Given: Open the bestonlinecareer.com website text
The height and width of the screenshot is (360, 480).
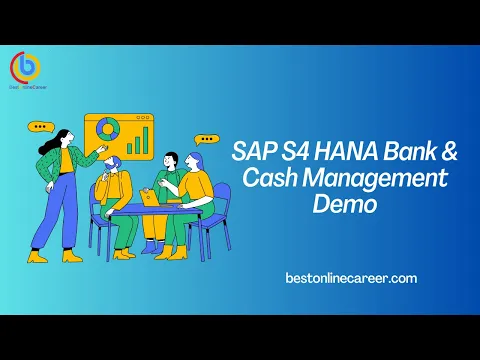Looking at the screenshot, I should point(351,278).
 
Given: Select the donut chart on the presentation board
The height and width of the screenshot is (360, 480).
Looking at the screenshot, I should point(105,131).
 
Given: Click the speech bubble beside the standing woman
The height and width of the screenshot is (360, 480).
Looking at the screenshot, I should point(40,127).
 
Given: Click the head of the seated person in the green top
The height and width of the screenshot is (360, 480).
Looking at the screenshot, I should point(171,160).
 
